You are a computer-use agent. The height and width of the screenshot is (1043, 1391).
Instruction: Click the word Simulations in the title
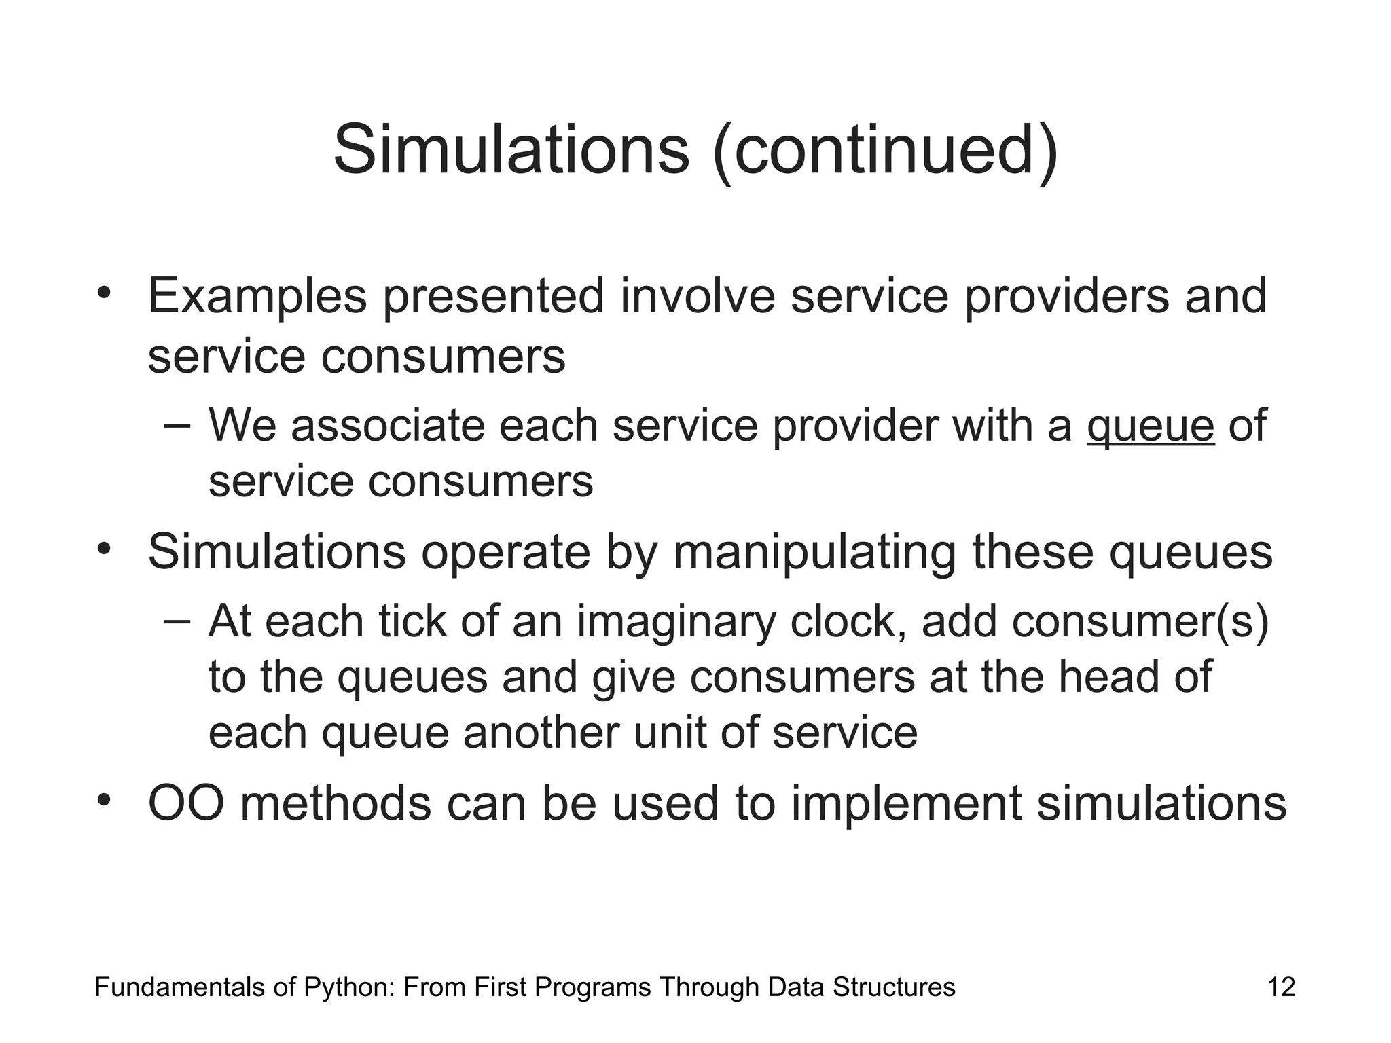click(511, 149)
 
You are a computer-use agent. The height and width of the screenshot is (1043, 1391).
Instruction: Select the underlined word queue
click(1150, 426)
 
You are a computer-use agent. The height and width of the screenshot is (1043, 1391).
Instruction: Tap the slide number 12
click(1281, 987)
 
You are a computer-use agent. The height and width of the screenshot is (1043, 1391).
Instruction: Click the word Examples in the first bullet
click(257, 297)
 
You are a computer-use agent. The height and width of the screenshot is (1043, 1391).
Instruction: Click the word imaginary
click(676, 621)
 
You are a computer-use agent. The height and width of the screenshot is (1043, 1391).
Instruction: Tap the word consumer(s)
click(1140, 621)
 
